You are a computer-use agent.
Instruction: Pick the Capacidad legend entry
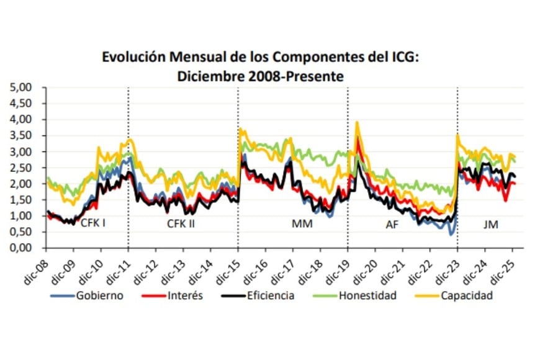[x=466, y=295]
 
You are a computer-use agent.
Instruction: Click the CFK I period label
[x=92, y=223]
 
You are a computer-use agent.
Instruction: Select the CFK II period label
[x=181, y=224]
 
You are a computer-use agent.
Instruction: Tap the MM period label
[x=302, y=224]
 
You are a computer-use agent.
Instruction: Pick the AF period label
[x=392, y=225]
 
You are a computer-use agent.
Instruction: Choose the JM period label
[x=490, y=224]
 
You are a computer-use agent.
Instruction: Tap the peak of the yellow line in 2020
[x=357, y=123]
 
